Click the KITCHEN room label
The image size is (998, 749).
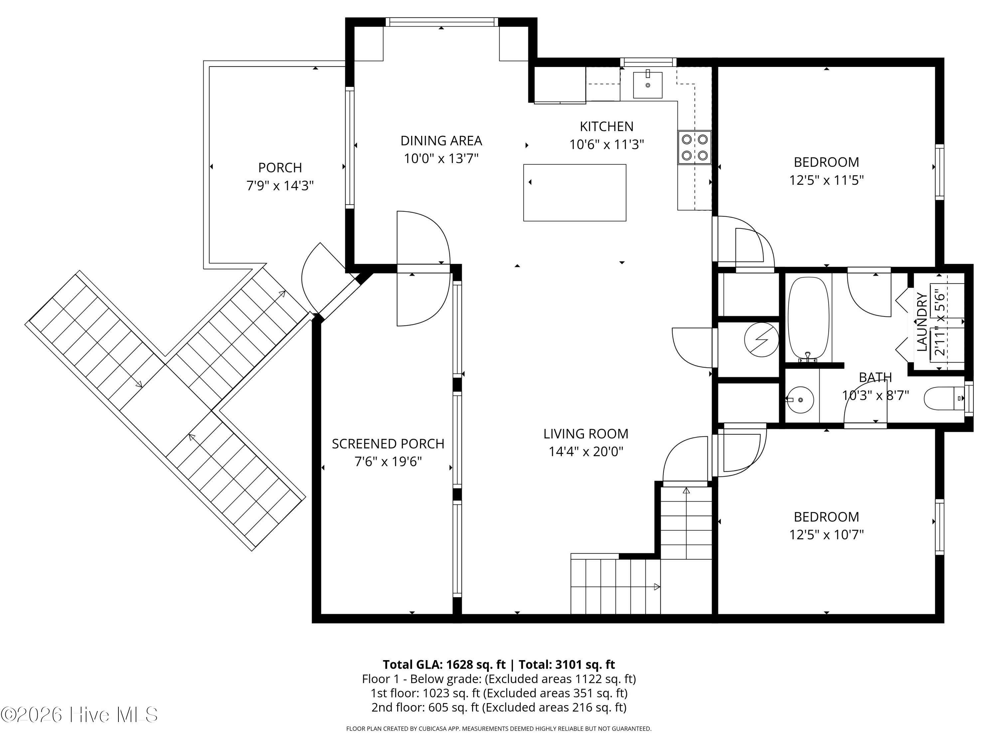[606, 126]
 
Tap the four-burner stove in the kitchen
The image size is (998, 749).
[694, 147]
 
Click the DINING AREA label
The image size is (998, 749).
[441, 141]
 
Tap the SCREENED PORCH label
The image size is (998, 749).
[388, 444]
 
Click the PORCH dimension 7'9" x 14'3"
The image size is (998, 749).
[280, 185]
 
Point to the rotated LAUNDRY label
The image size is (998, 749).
[922, 322]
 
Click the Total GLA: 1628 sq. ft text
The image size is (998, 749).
[444, 664]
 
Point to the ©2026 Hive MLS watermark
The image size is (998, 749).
[80, 714]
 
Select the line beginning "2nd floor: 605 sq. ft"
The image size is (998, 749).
[499, 707]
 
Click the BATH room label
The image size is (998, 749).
[875, 377]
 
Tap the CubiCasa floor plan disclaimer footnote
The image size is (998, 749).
[499, 728]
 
